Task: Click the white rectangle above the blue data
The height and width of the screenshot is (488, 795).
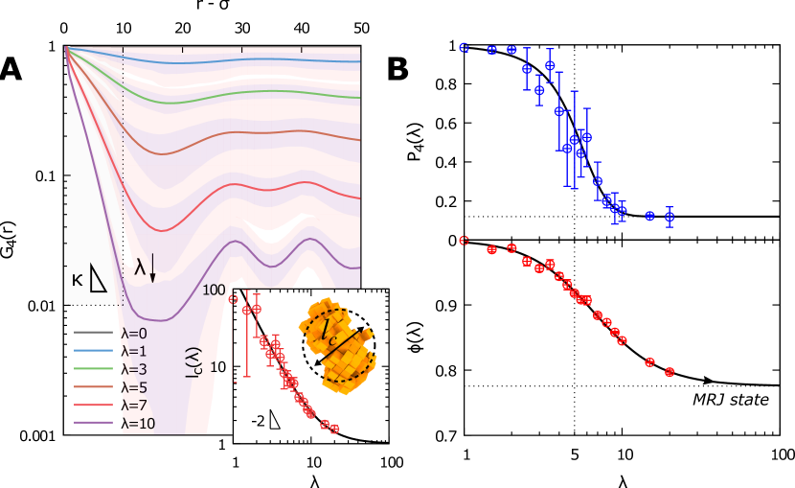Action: [x=574, y=30]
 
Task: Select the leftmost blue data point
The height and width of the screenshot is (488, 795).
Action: [x=464, y=47]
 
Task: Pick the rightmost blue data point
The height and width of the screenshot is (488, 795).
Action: [x=670, y=217]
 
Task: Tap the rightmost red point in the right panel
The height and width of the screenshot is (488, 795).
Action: [x=670, y=372]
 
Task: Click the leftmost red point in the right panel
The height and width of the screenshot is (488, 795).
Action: [x=464, y=241]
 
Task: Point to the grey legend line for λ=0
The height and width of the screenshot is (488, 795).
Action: [x=94, y=334]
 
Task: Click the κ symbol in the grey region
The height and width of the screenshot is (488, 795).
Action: [x=77, y=280]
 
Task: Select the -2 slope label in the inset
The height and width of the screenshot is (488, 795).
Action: [x=258, y=420]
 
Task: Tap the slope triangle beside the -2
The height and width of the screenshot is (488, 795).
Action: [x=274, y=419]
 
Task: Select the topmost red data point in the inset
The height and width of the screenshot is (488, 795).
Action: [x=233, y=299]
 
